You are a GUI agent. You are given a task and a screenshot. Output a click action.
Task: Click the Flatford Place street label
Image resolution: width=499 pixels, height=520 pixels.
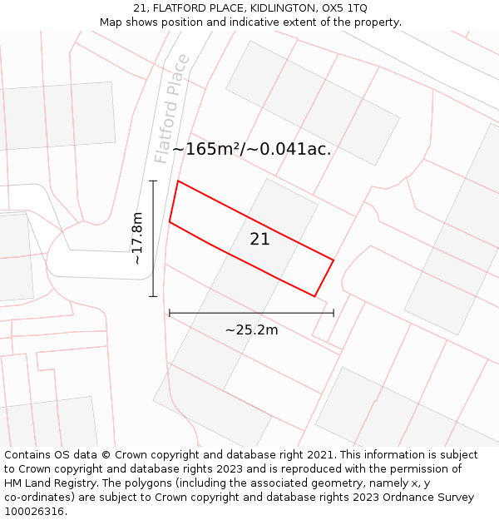[x=172, y=109]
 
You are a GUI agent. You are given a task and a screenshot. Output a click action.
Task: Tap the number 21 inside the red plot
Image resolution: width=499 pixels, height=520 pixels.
[x=260, y=240]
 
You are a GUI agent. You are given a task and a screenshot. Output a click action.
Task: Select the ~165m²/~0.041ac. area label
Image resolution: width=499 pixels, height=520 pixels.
[x=252, y=150]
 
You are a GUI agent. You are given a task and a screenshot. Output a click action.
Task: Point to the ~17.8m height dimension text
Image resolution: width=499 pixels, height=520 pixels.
[x=138, y=238]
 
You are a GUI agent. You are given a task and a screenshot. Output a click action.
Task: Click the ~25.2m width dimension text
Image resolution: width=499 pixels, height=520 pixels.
[x=251, y=329]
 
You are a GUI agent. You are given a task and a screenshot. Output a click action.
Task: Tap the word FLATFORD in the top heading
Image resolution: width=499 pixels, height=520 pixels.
[x=181, y=8]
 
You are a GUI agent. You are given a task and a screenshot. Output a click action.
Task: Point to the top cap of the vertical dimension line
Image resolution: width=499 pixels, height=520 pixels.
[x=153, y=181]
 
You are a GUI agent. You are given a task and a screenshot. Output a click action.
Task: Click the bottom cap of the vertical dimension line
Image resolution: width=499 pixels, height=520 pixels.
[x=153, y=296]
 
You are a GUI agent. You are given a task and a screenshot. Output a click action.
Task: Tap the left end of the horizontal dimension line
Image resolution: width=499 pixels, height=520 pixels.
[x=170, y=313]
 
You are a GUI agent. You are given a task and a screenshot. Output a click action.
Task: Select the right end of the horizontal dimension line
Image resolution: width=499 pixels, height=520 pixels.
[x=333, y=313]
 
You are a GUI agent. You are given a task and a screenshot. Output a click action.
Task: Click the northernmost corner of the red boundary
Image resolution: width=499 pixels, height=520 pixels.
[x=178, y=181]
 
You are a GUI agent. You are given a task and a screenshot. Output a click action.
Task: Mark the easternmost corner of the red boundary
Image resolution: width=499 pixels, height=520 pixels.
[x=333, y=260]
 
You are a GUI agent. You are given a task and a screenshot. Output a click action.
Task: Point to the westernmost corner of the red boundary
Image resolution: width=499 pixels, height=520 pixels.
[x=170, y=222]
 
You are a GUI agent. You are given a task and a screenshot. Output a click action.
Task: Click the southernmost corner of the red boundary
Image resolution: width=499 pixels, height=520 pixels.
[x=315, y=296]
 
